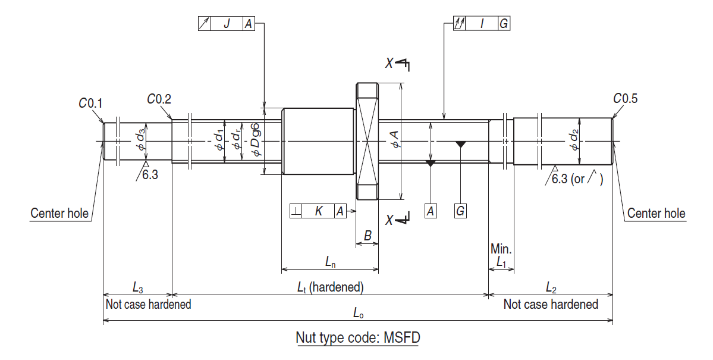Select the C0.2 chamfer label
pyautogui.click(x=159, y=99)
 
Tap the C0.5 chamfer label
pyautogui.click(x=625, y=99)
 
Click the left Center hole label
pyautogui.click(x=59, y=213)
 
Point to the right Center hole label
pyautogui.click(x=656, y=213)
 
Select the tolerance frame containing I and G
pyautogui.click(x=481, y=23)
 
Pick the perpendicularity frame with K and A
pyautogui.click(x=318, y=211)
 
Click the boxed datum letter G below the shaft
pyautogui.click(x=460, y=211)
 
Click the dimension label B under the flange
pyautogui.click(x=368, y=236)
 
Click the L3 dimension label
pyautogui.click(x=137, y=288)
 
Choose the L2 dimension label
pyautogui.click(x=551, y=288)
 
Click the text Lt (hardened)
pyautogui.click(x=330, y=287)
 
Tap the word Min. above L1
pyautogui.click(x=501, y=248)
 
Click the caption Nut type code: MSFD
pyautogui.click(x=358, y=338)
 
